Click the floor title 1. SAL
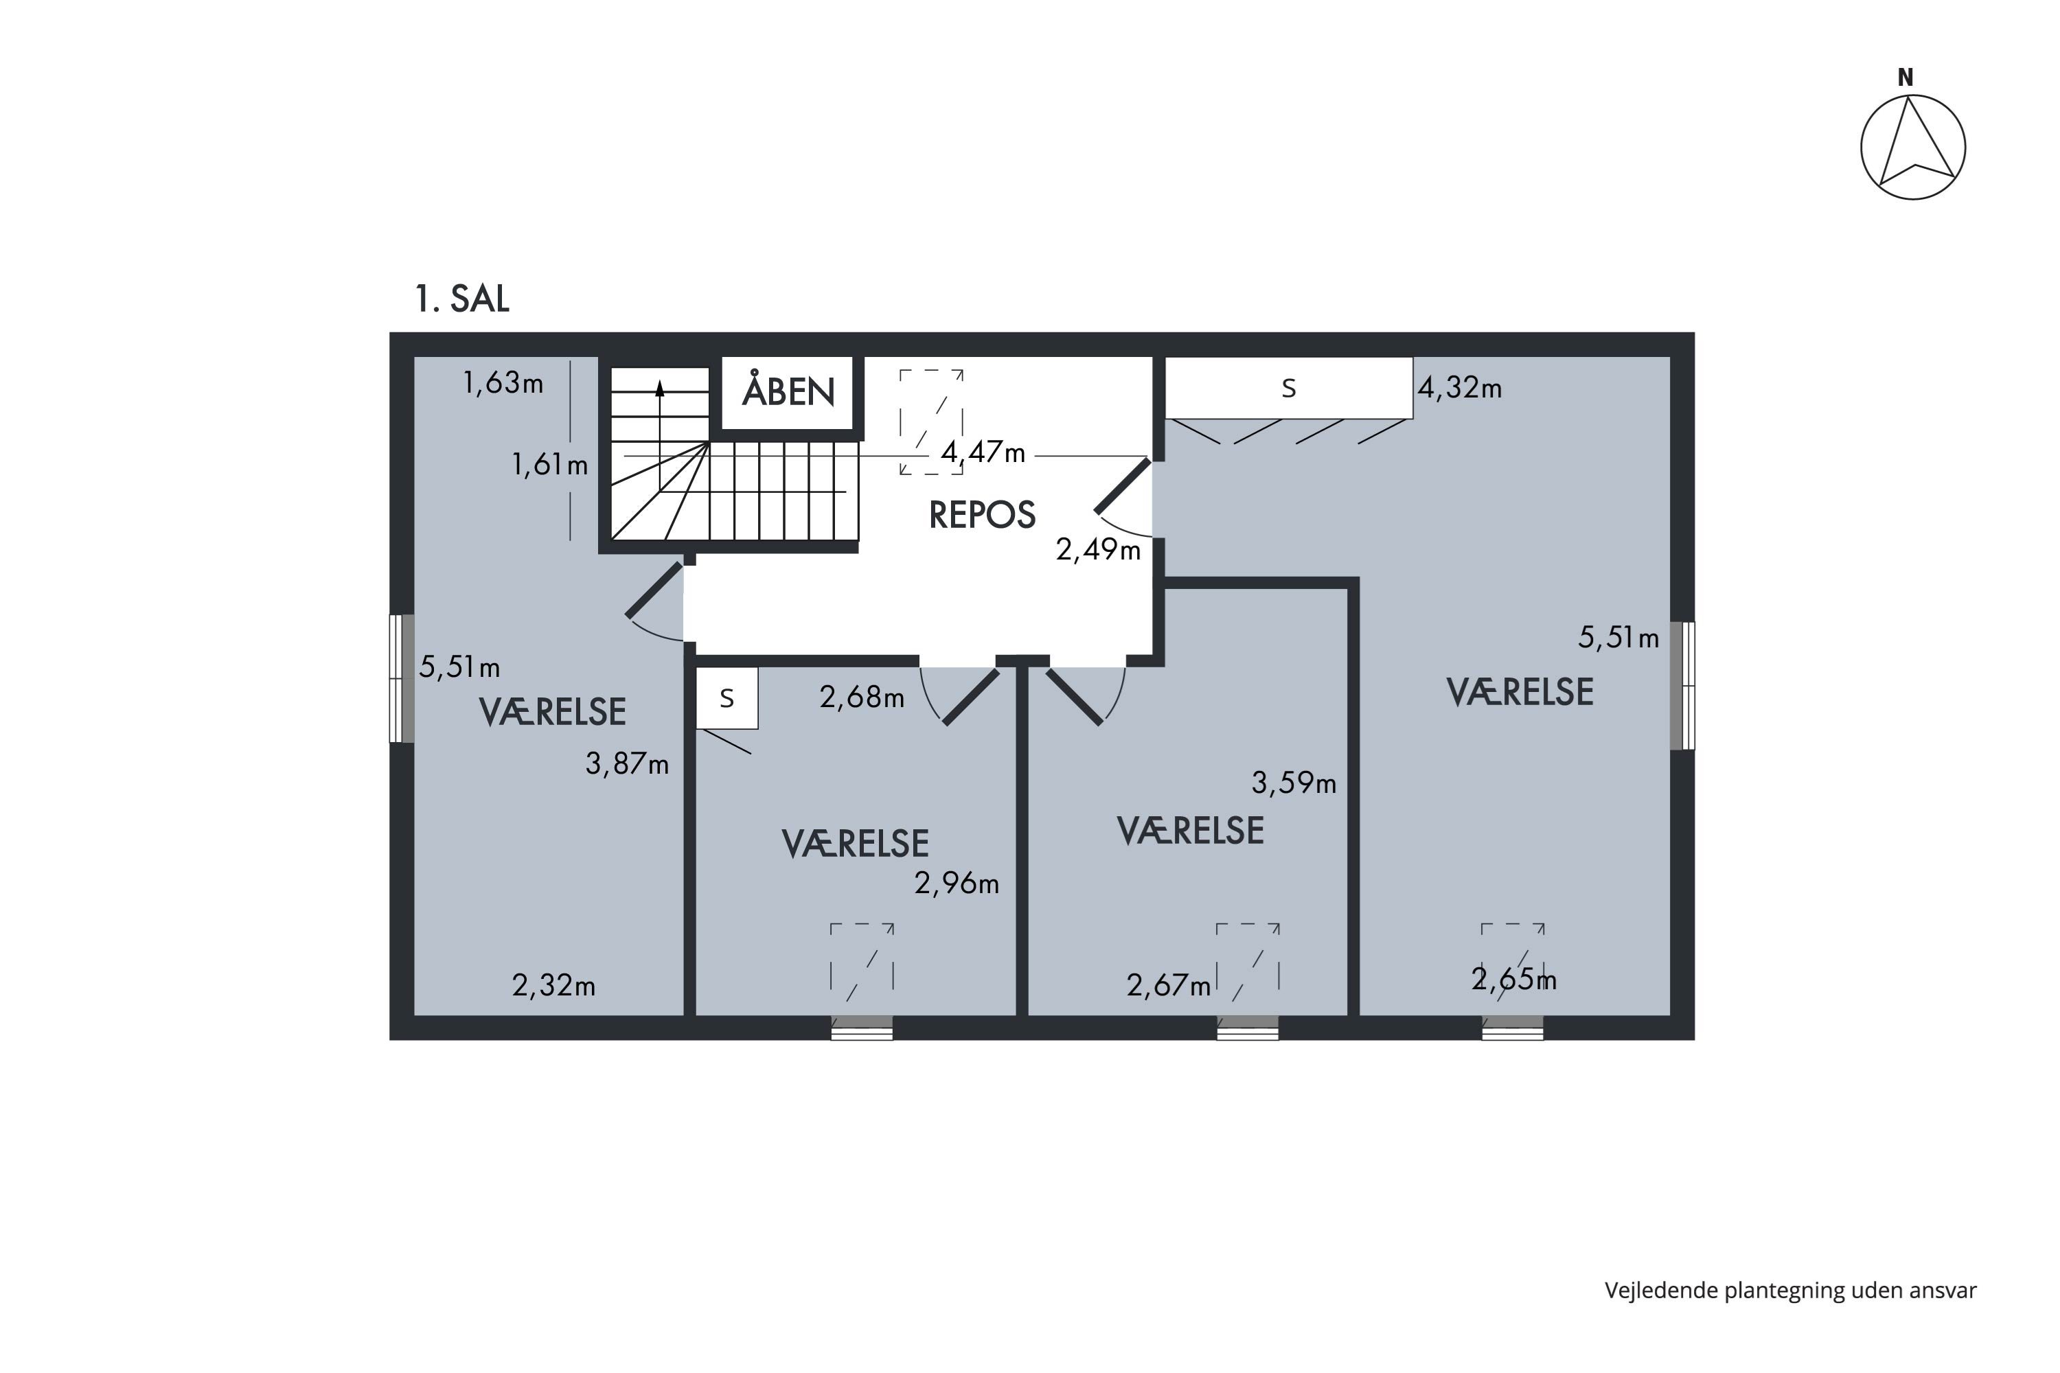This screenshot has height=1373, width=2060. [461, 299]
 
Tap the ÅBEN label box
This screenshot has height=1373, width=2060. [788, 391]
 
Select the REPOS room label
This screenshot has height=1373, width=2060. [982, 515]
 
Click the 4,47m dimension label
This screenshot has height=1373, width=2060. [983, 452]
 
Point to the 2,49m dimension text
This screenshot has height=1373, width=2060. [1097, 550]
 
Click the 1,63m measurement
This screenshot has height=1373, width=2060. [503, 382]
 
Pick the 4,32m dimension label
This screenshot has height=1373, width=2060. [1459, 388]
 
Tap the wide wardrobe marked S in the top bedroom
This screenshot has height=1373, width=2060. [1287, 388]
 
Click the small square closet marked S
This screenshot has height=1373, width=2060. [726, 698]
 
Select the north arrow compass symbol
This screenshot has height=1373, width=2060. [1913, 147]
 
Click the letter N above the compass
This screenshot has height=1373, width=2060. [1905, 78]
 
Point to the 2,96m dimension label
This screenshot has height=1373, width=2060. [957, 884]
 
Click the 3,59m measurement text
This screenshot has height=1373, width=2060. [1294, 783]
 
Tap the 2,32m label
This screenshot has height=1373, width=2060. [553, 986]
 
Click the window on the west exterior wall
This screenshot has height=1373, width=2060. [401, 679]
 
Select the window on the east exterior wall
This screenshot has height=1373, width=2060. [1682, 686]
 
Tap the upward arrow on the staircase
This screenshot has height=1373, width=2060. [659, 390]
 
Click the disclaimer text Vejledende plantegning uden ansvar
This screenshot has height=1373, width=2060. [1790, 1290]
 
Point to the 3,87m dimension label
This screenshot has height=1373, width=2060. [627, 765]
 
